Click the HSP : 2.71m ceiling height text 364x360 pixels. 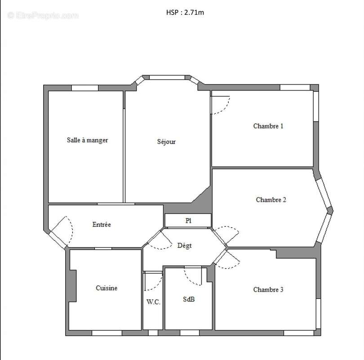point(185,13)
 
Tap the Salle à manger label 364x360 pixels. point(87,140)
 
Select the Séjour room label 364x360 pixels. point(166,142)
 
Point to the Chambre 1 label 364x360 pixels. point(268,126)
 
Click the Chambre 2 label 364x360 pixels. point(271,199)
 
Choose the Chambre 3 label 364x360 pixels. point(268,289)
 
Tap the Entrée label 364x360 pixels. point(102,224)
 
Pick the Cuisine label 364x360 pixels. point(107,288)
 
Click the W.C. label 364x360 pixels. point(153,302)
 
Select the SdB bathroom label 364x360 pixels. point(189,299)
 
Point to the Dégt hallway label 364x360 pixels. point(184,246)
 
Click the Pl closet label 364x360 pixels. point(188,220)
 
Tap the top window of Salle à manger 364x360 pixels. point(85,88)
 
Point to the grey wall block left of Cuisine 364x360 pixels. point(72,286)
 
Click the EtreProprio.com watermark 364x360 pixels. point(43,15)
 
